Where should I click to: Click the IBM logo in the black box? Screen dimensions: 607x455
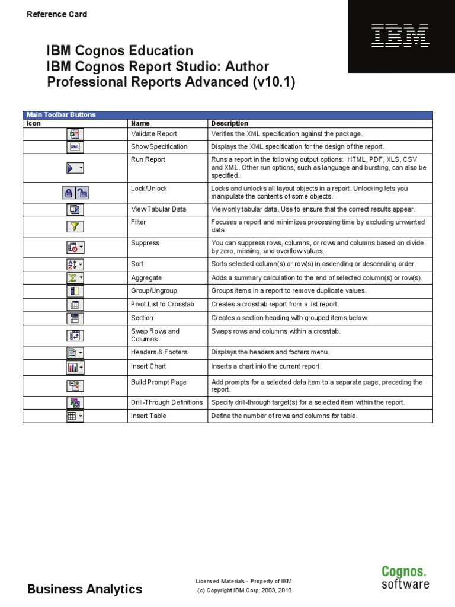tap(400, 36)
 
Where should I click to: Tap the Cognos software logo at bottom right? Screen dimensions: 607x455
tap(405, 577)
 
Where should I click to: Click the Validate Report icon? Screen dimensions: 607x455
tap(75, 134)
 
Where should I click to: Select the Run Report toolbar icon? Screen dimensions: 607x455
tap(75, 168)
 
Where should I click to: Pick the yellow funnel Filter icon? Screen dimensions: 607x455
tap(75, 226)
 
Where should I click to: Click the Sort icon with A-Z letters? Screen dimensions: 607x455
tap(75, 264)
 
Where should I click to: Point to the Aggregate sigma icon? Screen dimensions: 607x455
tap(75, 278)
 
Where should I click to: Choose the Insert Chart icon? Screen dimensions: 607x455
tap(75, 368)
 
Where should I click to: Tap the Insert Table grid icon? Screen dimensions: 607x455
tap(75, 416)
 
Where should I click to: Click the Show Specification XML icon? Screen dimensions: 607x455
tap(75, 147)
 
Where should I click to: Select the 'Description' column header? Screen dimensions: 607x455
tap(230, 123)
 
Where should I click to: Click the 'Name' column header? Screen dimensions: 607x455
tap(140, 123)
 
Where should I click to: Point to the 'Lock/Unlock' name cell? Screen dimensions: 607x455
tap(149, 189)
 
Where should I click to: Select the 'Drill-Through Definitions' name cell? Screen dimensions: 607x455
tap(166, 402)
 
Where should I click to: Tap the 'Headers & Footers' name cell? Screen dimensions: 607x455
tap(159, 352)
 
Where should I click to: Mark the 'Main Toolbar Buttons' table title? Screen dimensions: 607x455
tap(61, 115)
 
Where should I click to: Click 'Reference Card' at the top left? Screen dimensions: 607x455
tap(57, 14)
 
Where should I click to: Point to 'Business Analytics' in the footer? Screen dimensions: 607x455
tap(85, 589)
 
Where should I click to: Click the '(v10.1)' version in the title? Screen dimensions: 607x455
tap(273, 82)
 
